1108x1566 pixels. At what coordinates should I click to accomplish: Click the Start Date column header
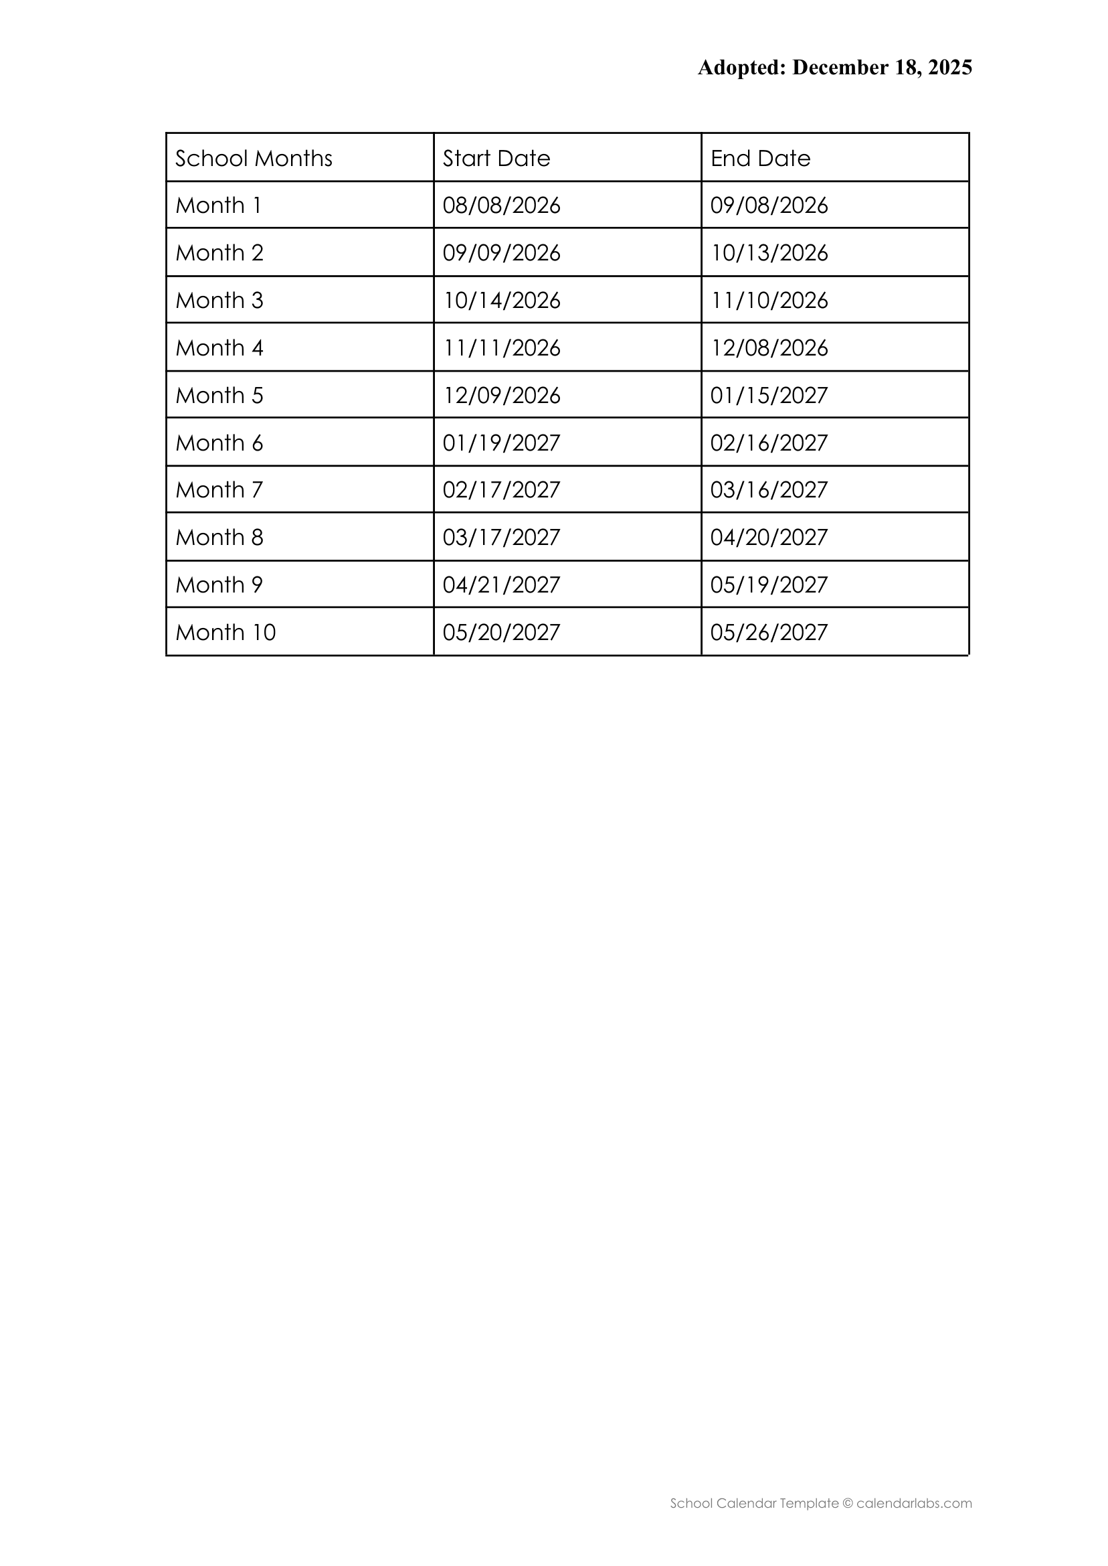(496, 159)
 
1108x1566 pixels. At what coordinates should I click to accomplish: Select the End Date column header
(760, 159)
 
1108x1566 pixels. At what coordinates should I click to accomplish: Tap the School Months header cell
(254, 159)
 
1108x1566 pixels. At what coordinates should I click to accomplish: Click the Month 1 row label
(218, 206)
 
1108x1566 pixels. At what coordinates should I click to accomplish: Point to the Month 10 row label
(225, 632)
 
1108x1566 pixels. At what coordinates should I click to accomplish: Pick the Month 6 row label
(219, 443)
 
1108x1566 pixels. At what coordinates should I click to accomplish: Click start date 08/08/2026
(501, 206)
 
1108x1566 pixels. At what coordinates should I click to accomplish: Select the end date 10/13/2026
(769, 253)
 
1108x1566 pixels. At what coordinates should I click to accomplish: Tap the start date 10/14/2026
(501, 301)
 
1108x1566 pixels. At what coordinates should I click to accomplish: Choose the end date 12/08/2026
(769, 348)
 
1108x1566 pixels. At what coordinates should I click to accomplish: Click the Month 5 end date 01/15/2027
(769, 395)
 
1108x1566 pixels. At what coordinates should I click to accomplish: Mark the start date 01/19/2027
(501, 443)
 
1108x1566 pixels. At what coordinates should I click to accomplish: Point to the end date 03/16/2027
(769, 490)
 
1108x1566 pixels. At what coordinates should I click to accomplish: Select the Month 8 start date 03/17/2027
(501, 537)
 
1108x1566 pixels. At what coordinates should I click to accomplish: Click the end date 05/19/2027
(769, 585)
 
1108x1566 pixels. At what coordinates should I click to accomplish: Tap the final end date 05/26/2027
(769, 632)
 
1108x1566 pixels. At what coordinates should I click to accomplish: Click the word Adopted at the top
(741, 68)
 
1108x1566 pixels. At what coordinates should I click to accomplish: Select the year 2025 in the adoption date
(949, 68)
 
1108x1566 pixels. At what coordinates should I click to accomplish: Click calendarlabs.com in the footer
(913, 1503)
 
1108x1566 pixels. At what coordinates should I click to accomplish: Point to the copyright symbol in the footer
(847, 1503)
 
